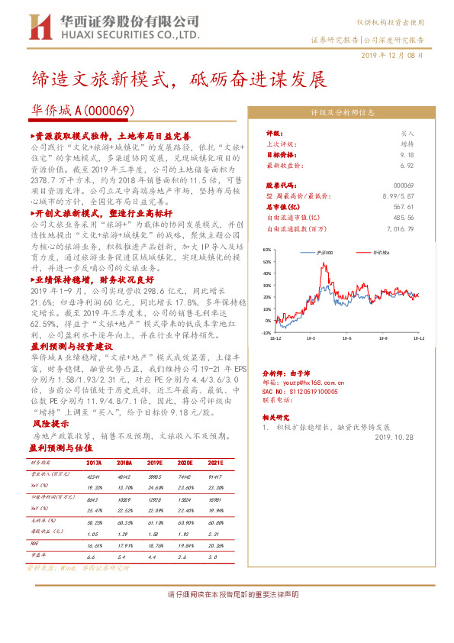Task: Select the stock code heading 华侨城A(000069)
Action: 83,110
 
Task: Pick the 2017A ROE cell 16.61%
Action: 95,546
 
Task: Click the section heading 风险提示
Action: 45,422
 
